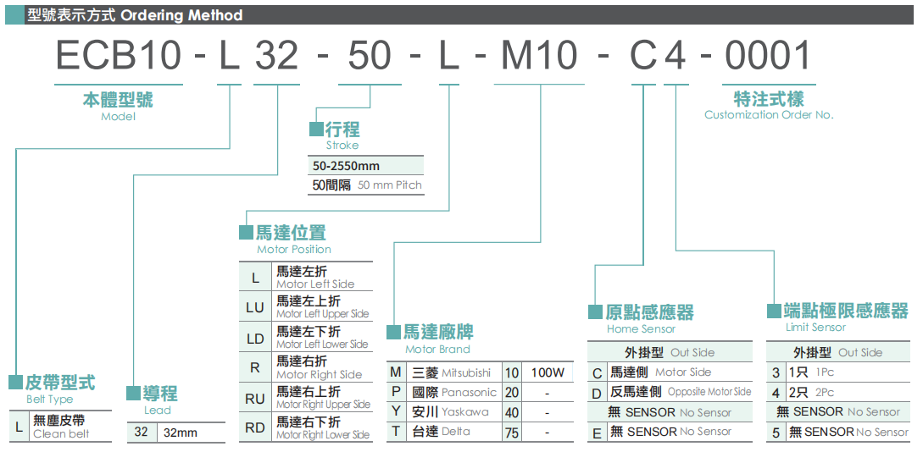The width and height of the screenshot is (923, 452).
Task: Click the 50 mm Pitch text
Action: coord(390,185)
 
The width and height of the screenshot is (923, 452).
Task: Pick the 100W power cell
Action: coord(548,372)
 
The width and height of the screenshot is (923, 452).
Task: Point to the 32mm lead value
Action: coord(181,433)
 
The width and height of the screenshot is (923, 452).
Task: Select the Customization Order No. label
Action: coord(769,114)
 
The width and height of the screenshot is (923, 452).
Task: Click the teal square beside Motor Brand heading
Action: coord(393,332)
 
